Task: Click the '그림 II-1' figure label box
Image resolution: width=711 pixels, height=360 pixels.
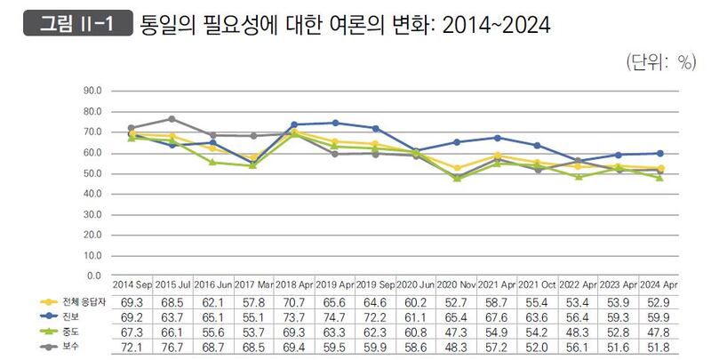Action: (76, 24)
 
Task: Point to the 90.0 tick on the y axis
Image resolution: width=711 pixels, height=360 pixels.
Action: (92, 91)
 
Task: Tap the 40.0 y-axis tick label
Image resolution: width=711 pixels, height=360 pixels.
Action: (92, 194)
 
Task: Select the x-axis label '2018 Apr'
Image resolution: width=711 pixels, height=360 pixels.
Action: (294, 284)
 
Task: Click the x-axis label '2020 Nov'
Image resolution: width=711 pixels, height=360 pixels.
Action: (457, 284)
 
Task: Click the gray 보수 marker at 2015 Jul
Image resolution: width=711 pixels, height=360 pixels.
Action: (172, 118)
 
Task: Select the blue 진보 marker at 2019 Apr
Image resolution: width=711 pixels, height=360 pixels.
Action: (335, 123)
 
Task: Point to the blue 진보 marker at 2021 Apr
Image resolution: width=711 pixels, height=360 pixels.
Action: (498, 138)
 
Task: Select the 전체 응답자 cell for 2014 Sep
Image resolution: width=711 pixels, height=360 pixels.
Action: (132, 301)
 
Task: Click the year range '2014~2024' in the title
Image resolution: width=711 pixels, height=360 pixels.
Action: (498, 25)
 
